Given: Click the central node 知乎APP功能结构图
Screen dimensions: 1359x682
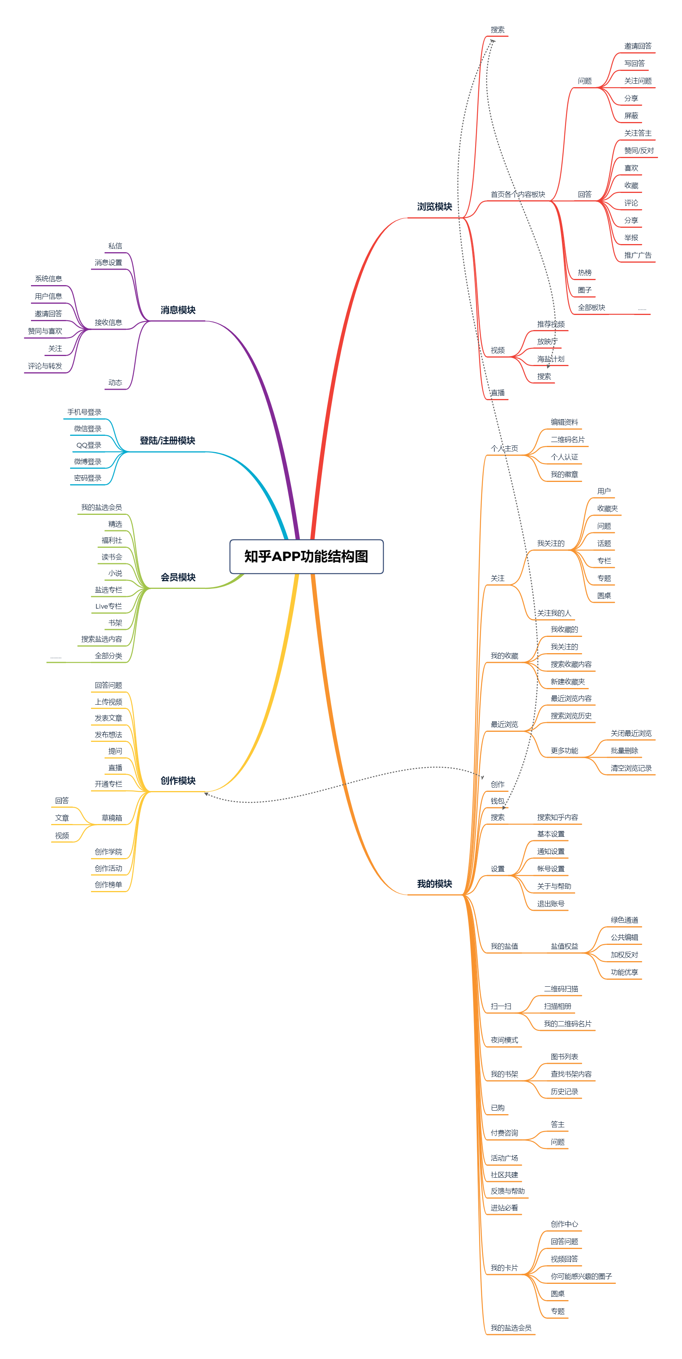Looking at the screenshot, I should [x=306, y=557].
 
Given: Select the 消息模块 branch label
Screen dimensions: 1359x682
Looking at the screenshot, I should [x=178, y=310].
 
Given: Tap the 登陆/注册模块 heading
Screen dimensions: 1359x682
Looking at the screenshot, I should [x=167, y=440].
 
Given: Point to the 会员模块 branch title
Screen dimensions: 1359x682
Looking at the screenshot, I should [x=178, y=577].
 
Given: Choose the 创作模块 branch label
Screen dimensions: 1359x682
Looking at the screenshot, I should [x=178, y=781].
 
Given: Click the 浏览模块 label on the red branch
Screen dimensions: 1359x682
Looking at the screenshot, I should [x=434, y=207].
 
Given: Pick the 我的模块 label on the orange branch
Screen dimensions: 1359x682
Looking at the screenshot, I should [x=434, y=884].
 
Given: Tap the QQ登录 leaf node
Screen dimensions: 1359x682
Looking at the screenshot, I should [x=89, y=445].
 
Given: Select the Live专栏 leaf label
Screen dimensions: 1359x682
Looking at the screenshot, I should [x=108, y=606].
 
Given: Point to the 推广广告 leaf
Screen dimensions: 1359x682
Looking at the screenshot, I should [x=638, y=255].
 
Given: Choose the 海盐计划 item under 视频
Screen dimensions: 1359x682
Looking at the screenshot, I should [x=551, y=359].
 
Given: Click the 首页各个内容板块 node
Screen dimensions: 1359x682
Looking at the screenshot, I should [x=518, y=195].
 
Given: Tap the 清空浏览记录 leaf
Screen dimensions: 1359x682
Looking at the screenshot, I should [x=631, y=768].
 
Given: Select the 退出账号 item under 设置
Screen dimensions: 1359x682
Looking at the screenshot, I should [x=551, y=904].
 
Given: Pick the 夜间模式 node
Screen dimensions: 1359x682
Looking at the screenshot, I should [x=504, y=1040].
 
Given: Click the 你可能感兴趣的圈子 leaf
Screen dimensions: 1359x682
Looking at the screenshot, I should [x=581, y=1276].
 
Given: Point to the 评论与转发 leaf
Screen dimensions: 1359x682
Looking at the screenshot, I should [x=45, y=366].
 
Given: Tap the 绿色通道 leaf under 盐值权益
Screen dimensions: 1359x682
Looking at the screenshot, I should [x=624, y=920].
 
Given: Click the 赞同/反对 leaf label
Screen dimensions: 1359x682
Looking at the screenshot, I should [x=638, y=151].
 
